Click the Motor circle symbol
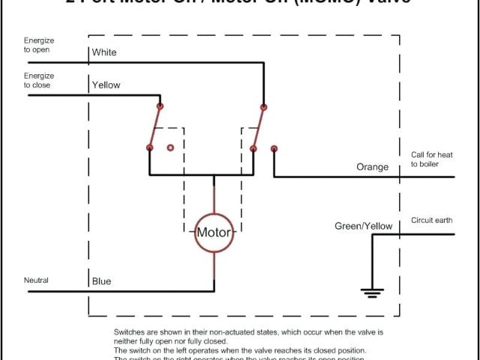[x=214, y=232]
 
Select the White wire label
[x=103, y=53]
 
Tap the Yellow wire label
[x=106, y=85]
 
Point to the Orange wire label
[x=372, y=166]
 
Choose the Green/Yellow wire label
[x=363, y=226]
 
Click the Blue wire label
[x=101, y=281]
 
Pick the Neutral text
[x=36, y=280]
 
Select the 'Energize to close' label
[x=39, y=80]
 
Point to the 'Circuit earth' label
[x=432, y=220]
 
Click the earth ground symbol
[x=372, y=292]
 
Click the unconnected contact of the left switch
[x=170, y=148]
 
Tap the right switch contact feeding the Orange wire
[x=274, y=148]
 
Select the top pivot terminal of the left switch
[x=160, y=106]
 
